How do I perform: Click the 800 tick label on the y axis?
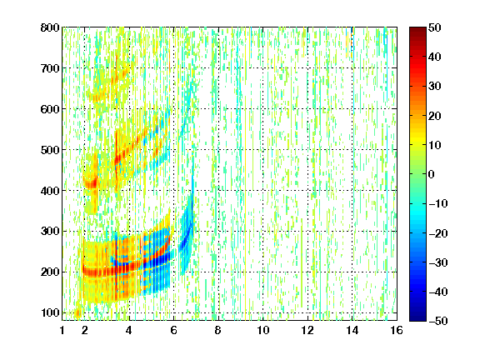pyautogui.click(x=50, y=27)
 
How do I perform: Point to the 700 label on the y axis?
pyautogui.click(x=50, y=68)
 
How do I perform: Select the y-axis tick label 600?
pyautogui.click(x=50, y=109)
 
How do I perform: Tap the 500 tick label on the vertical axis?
pyautogui.click(x=50, y=150)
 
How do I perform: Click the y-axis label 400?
pyautogui.click(x=50, y=191)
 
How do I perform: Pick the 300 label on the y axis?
pyautogui.click(x=50, y=231)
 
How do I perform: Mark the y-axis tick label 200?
pyautogui.click(x=50, y=272)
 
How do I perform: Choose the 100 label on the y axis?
pyautogui.click(x=50, y=312)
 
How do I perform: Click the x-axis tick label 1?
pyautogui.click(x=62, y=330)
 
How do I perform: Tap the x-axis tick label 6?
pyautogui.click(x=174, y=330)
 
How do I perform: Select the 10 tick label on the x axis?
pyautogui.click(x=263, y=330)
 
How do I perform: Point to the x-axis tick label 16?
pyautogui.click(x=397, y=330)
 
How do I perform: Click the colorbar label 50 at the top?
pyautogui.click(x=434, y=27)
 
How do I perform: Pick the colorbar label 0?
pyautogui.click(x=432, y=174)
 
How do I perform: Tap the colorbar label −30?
pyautogui.click(x=438, y=262)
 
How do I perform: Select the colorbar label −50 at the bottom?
pyautogui.click(x=438, y=321)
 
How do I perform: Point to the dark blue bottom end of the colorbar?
pyautogui.click(x=417, y=318)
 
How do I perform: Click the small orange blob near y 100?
pyautogui.click(x=78, y=312)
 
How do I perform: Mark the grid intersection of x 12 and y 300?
pyautogui.click(x=307, y=231)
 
